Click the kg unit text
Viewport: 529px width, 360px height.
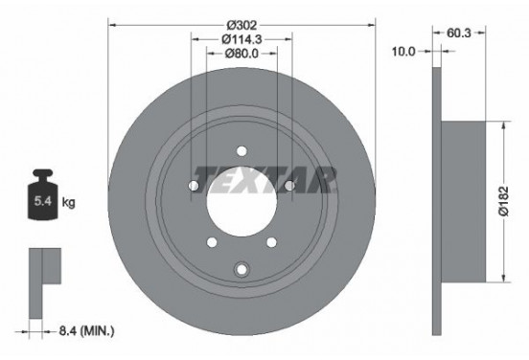[69, 203]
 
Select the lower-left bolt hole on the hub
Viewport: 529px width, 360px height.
[212, 240]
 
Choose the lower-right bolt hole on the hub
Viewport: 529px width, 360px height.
[271, 240]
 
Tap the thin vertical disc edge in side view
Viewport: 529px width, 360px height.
[436, 201]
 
